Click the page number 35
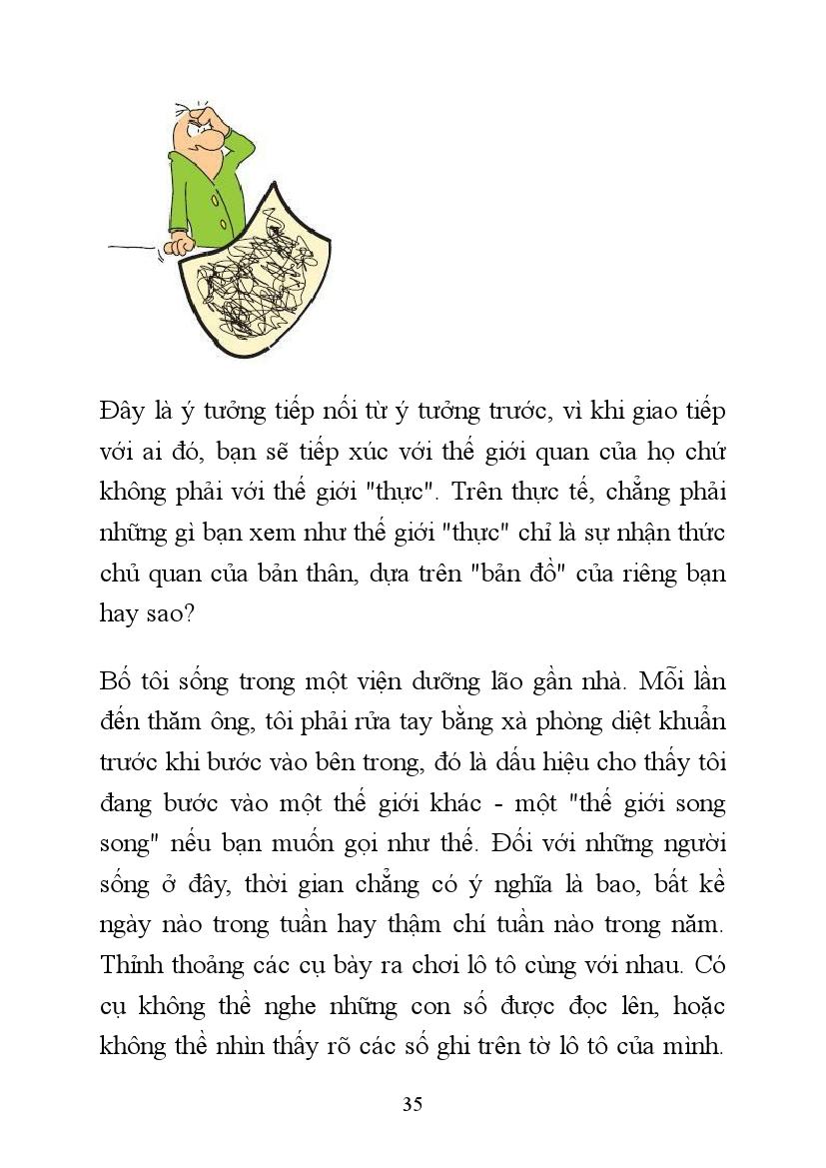click(413, 1104)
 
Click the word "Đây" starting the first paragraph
click(125, 411)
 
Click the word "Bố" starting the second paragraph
click(116, 682)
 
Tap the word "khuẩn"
click(688, 723)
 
